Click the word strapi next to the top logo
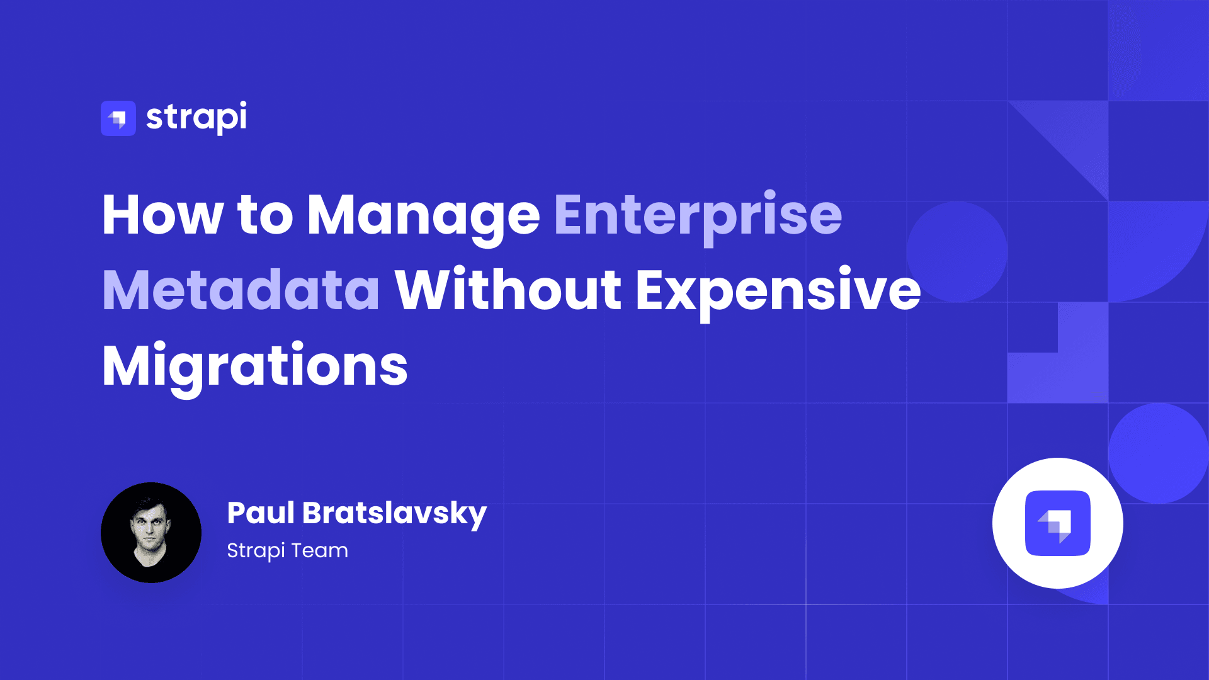pyautogui.click(x=196, y=117)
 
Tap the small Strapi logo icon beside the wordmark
pyautogui.click(x=118, y=118)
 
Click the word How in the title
pyautogui.click(x=162, y=215)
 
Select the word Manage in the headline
pyautogui.click(x=423, y=215)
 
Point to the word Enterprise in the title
pyautogui.click(x=698, y=215)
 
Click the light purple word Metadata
pyautogui.click(x=241, y=291)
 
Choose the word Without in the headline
pyautogui.click(x=508, y=291)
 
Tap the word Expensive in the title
pyautogui.click(x=778, y=291)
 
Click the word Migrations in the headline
pyautogui.click(x=255, y=366)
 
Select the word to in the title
pyautogui.click(x=265, y=215)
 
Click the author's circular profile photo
pyautogui.click(x=151, y=533)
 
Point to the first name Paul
pyautogui.click(x=261, y=513)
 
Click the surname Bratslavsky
pyautogui.click(x=394, y=513)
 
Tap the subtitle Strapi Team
pyautogui.click(x=287, y=550)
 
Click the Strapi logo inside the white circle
pyautogui.click(x=1058, y=523)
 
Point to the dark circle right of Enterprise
pyautogui.click(x=956, y=252)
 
